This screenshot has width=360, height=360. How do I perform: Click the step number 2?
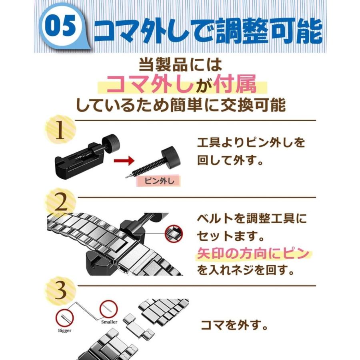pos(61,202)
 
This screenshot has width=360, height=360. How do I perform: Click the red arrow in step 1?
pos(124,160)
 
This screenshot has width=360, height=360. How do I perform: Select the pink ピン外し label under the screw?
pos(159,181)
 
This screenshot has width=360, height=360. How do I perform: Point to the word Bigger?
pos(64,330)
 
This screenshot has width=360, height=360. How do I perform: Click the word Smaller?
pos(109,322)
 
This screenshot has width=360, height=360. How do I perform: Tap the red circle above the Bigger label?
pos(64,318)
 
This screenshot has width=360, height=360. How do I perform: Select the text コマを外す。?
pos(234,325)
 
